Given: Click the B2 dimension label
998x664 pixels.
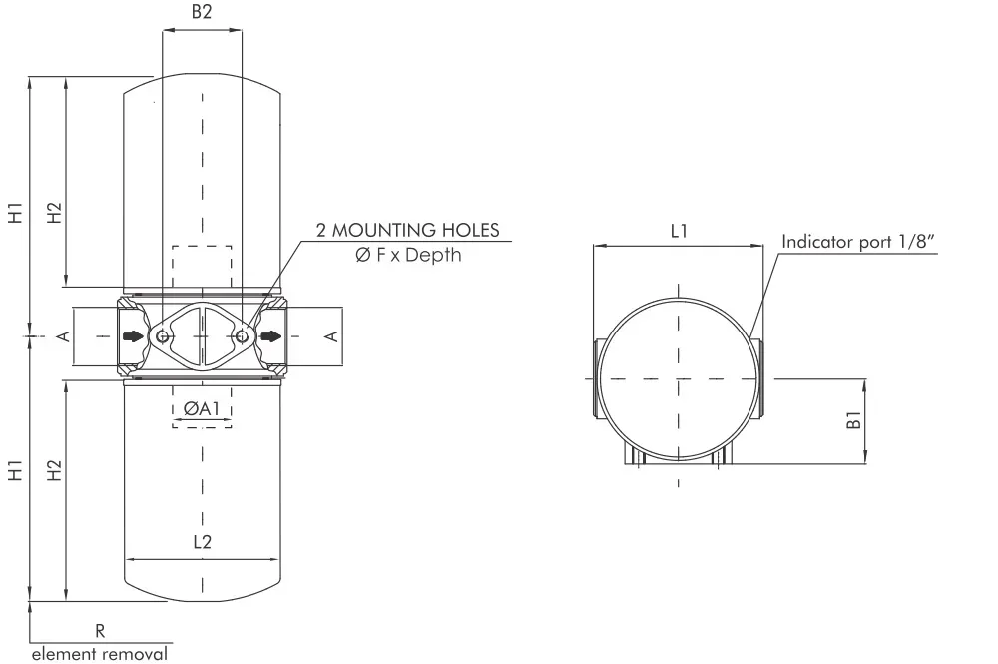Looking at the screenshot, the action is click(202, 12).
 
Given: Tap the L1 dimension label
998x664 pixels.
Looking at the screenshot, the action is click(679, 231).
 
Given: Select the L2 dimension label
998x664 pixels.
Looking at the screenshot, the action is click(202, 542).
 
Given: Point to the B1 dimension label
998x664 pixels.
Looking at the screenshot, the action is click(854, 420).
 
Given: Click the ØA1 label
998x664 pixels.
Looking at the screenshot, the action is click(202, 408).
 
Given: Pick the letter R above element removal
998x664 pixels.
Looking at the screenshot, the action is click(100, 631).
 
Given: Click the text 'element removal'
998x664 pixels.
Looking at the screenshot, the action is click(100, 654).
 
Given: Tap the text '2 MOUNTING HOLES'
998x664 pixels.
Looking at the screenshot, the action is click(407, 230).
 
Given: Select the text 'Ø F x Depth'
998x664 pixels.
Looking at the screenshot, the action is click(408, 254).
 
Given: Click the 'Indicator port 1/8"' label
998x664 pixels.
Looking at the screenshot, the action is click(858, 242).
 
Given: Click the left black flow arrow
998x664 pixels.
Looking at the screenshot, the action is click(133, 336).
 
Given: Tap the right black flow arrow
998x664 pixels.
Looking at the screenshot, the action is click(271, 336).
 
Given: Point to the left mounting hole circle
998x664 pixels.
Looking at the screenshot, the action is click(163, 336).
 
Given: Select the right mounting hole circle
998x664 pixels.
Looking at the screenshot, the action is click(242, 336).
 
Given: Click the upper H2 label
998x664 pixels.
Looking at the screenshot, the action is click(55, 212).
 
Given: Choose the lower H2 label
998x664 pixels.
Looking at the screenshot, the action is click(55, 470).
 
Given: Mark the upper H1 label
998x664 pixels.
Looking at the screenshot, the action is click(15, 212).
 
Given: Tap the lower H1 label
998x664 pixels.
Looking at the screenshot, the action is click(15, 470).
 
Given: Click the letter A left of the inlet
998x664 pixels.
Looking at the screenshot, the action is click(64, 336).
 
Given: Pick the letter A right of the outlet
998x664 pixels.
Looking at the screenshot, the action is click(332, 336).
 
